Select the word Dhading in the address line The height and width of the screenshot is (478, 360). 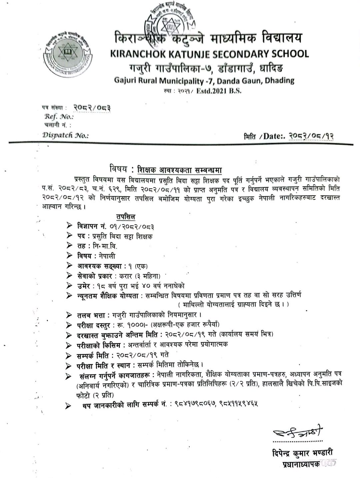[279, 80]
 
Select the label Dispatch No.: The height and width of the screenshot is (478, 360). [65, 135]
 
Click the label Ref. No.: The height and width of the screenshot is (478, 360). [58, 117]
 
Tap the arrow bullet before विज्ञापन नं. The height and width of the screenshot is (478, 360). [69, 226]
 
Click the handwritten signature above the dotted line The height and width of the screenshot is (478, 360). [298, 432]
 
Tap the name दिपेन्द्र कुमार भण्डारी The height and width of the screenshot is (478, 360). [302, 453]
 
